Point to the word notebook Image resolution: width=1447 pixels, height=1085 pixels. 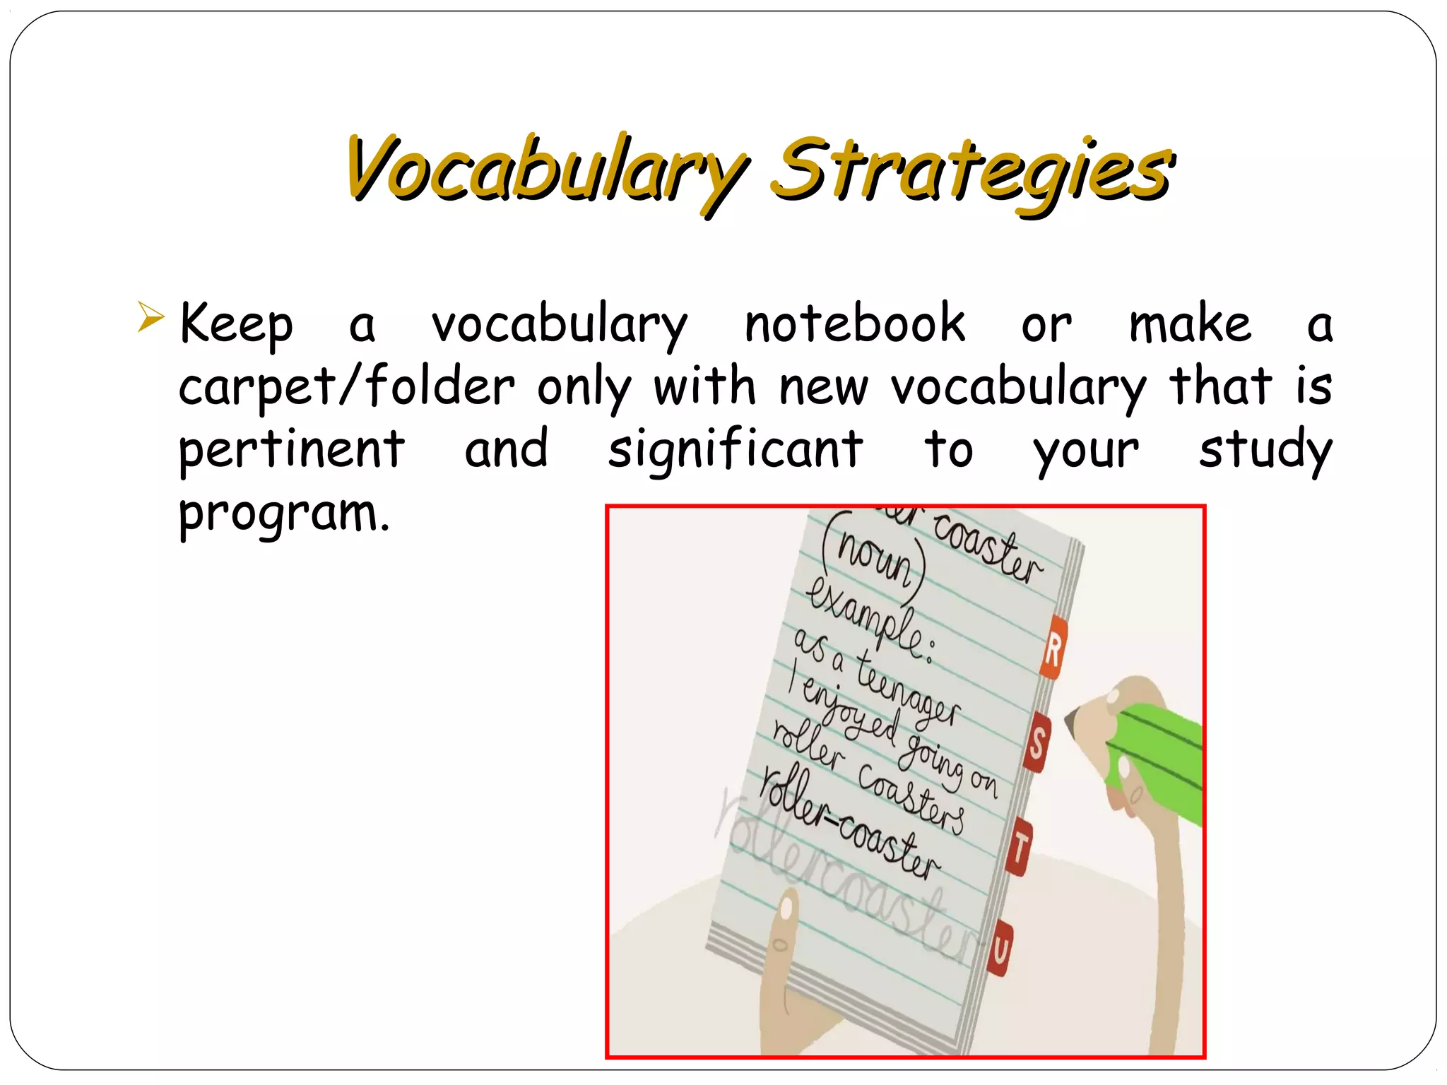(855, 324)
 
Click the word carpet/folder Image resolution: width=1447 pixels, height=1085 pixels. (346, 387)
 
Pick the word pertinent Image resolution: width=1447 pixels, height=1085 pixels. (291, 450)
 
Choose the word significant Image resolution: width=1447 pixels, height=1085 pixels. (735, 450)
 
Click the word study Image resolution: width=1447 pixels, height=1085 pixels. (1265, 450)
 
